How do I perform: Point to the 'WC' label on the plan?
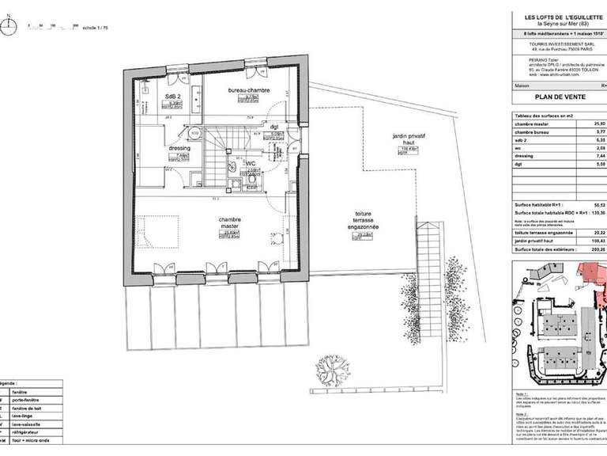(x=251, y=165)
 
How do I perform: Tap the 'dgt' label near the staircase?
(x=274, y=126)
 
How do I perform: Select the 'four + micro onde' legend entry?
(x=36, y=441)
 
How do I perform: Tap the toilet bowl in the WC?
(x=251, y=180)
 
